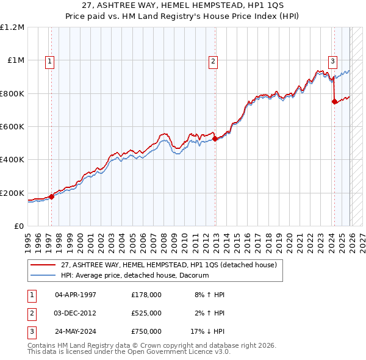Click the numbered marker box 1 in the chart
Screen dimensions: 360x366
pyautogui.click(x=49, y=60)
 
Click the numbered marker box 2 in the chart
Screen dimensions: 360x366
pyautogui.click(x=213, y=60)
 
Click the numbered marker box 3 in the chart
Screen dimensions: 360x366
pyautogui.click(x=332, y=60)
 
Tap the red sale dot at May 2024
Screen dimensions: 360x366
pyautogui.click(x=334, y=102)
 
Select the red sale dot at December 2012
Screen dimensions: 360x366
pyautogui.click(x=215, y=139)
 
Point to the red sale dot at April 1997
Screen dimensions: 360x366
pyautogui.click(x=51, y=196)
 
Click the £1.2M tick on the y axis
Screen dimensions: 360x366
pyautogui.click(x=12, y=27)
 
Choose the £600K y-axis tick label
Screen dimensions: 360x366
pyautogui.click(x=12, y=127)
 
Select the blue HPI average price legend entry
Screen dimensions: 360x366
pyautogui.click(x=135, y=275)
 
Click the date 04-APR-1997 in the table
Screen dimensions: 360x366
pyautogui.click(x=76, y=294)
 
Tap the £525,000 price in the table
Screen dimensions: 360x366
pyautogui.click(x=146, y=313)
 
